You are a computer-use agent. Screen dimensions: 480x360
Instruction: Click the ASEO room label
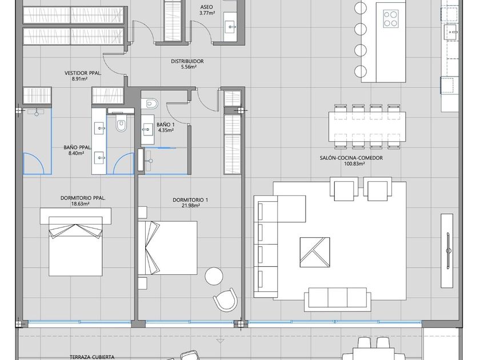click(x=207, y=7)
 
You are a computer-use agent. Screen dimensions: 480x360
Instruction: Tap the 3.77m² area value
click(x=207, y=13)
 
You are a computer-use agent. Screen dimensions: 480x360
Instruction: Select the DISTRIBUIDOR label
click(x=187, y=61)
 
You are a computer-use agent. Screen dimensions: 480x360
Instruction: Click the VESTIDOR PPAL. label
click(x=83, y=73)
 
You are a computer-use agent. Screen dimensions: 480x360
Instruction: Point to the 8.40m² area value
click(x=76, y=153)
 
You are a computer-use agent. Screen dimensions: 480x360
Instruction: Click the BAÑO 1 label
click(x=165, y=125)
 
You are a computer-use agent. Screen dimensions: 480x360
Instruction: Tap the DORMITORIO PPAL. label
click(x=83, y=198)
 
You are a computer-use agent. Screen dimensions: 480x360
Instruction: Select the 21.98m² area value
click(x=190, y=206)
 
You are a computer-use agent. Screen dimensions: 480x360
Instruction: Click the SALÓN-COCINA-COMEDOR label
click(x=351, y=158)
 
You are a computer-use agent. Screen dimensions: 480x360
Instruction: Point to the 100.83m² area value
click(x=351, y=164)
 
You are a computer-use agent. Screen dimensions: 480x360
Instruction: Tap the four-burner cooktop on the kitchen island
click(x=391, y=18)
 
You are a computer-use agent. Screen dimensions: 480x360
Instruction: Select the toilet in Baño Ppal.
click(x=121, y=123)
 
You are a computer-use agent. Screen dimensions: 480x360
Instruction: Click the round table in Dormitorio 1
click(x=214, y=276)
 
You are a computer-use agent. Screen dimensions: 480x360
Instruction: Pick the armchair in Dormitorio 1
click(x=225, y=299)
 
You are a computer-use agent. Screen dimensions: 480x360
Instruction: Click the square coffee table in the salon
click(x=315, y=252)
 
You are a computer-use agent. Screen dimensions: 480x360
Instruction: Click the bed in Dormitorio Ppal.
click(x=75, y=242)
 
